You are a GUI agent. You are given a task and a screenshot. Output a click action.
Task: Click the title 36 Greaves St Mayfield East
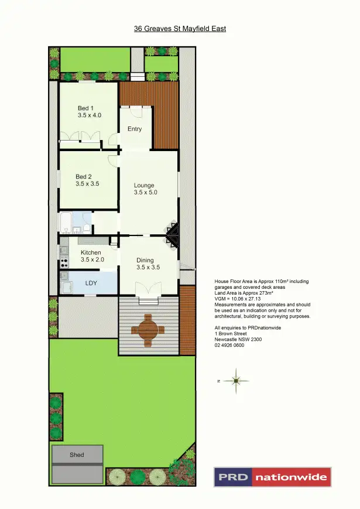pyautogui.click(x=180, y=28)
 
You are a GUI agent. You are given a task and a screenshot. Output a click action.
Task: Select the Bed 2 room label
pyautogui.click(x=84, y=176)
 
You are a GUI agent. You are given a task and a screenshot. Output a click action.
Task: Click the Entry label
pyautogui.click(x=135, y=129)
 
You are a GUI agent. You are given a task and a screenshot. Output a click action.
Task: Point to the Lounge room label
pyautogui.click(x=144, y=186)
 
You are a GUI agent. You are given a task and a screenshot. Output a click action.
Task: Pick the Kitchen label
pyautogui.click(x=91, y=252)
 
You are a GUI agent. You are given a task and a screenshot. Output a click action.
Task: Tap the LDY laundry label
pyautogui.click(x=91, y=283)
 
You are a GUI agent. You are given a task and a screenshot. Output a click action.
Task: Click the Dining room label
pyautogui.click(x=145, y=260)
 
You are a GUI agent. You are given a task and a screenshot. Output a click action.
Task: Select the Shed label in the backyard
pyautogui.click(x=77, y=455)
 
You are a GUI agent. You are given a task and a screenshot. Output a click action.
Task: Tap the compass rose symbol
pyautogui.click(x=235, y=381)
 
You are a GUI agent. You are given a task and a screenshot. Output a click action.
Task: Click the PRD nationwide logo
pyautogui.click(x=272, y=477)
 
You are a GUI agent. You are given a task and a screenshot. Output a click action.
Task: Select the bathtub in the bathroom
pyautogui.click(x=66, y=223)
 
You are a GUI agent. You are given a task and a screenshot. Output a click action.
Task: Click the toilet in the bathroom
pyautogui.click(x=86, y=227)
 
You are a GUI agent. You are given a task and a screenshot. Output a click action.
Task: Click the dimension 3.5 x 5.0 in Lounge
pyautogui.click(x=146, y=193)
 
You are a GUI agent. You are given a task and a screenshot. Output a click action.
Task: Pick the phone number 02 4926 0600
pyautogui.click(x=229, y=346)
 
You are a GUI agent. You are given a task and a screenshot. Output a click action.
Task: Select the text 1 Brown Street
pyautogui.click(x=231, y=334)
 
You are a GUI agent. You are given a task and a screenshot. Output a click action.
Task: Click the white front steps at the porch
pyautogui.click(x=137, y=76)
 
